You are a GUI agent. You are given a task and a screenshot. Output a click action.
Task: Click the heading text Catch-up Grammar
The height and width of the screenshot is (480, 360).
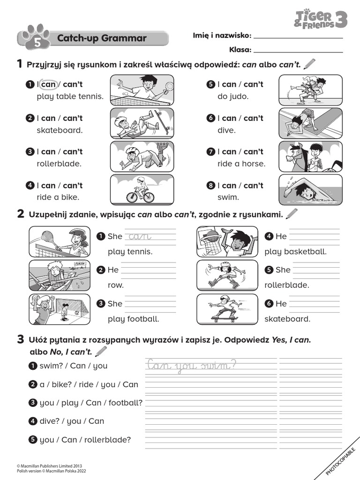[x=102, y=38]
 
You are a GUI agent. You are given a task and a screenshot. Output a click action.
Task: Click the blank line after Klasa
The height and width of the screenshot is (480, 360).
[x=298, y=50]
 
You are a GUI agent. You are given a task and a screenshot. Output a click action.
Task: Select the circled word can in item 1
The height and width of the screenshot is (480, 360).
[x=48, y=84]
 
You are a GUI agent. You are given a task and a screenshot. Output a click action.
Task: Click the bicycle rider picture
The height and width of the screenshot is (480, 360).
[x=142, y=190]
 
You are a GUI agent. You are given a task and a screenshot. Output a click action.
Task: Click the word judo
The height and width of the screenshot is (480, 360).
[x=239, y=97]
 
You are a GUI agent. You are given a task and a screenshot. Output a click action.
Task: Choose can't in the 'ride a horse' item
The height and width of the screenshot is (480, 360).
[x=253, y=152]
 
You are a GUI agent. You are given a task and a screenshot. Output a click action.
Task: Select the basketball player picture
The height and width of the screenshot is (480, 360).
[x=227, y=241]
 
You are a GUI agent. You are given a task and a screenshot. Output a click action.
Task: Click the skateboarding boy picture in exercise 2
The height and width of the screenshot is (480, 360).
[x=227, y=309]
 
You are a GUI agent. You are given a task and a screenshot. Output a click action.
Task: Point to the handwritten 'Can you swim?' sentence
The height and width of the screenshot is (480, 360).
[x=192, y=365]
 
